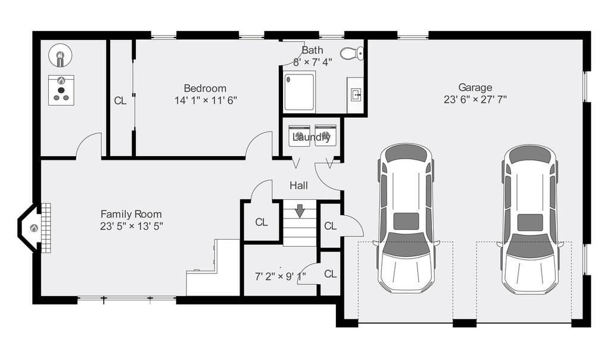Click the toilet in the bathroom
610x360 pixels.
coord(352,53)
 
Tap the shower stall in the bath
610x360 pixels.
coord(299,92)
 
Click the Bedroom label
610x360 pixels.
coord(205,88)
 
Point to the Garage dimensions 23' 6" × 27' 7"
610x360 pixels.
coord(475,100)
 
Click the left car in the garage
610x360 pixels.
coord(406,219)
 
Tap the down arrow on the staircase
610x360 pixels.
coord(300,210)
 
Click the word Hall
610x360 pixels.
coord(299,185)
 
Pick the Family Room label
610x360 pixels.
coord(131,214)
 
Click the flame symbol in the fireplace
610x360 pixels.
coord(34,228)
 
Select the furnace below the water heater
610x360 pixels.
coord(61,90)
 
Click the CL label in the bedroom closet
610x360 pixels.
coord(120,101)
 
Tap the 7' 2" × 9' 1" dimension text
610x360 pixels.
coord(280,277)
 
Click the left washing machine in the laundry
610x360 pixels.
coord(299,136)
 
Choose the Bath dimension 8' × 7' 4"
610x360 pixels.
coord(312,62)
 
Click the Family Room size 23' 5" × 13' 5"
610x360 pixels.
coord(131,226)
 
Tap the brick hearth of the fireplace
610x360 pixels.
coord(46,228)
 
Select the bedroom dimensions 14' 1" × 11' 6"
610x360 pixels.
coord(206,100)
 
